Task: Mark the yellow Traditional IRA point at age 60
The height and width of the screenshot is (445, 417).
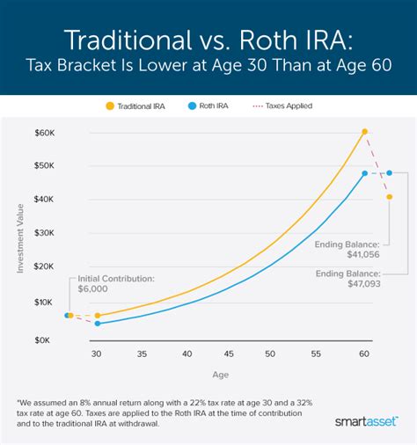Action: [x=364, y=132]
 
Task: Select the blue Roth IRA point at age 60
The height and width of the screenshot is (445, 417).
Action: [x=364, y=173]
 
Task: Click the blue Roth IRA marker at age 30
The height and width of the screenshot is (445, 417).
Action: [x=97, y=323]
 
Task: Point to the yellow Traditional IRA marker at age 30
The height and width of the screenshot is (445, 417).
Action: [x=97, y=315]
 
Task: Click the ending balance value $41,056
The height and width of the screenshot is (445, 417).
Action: [x=362, y=252]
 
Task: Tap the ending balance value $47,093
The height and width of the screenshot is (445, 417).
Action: [x=362, y=284]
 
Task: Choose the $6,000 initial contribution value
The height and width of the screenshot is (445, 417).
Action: [x=93, y=288]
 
